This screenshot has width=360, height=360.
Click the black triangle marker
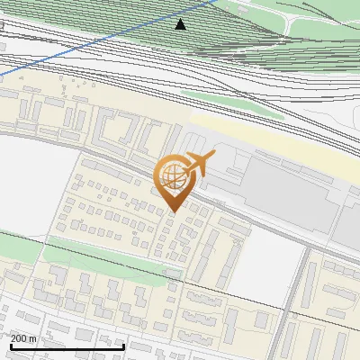tap(181, 24)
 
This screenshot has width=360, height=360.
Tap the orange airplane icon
tap(198, 164)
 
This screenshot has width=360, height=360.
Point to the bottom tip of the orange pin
tap(173, 212)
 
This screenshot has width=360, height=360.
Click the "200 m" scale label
tap(23, 338)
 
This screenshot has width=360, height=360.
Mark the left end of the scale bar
tap(11, 346)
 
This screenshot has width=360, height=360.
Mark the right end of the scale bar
tap(123, 346)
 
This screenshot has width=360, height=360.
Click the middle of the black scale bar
tap(67, 346)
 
